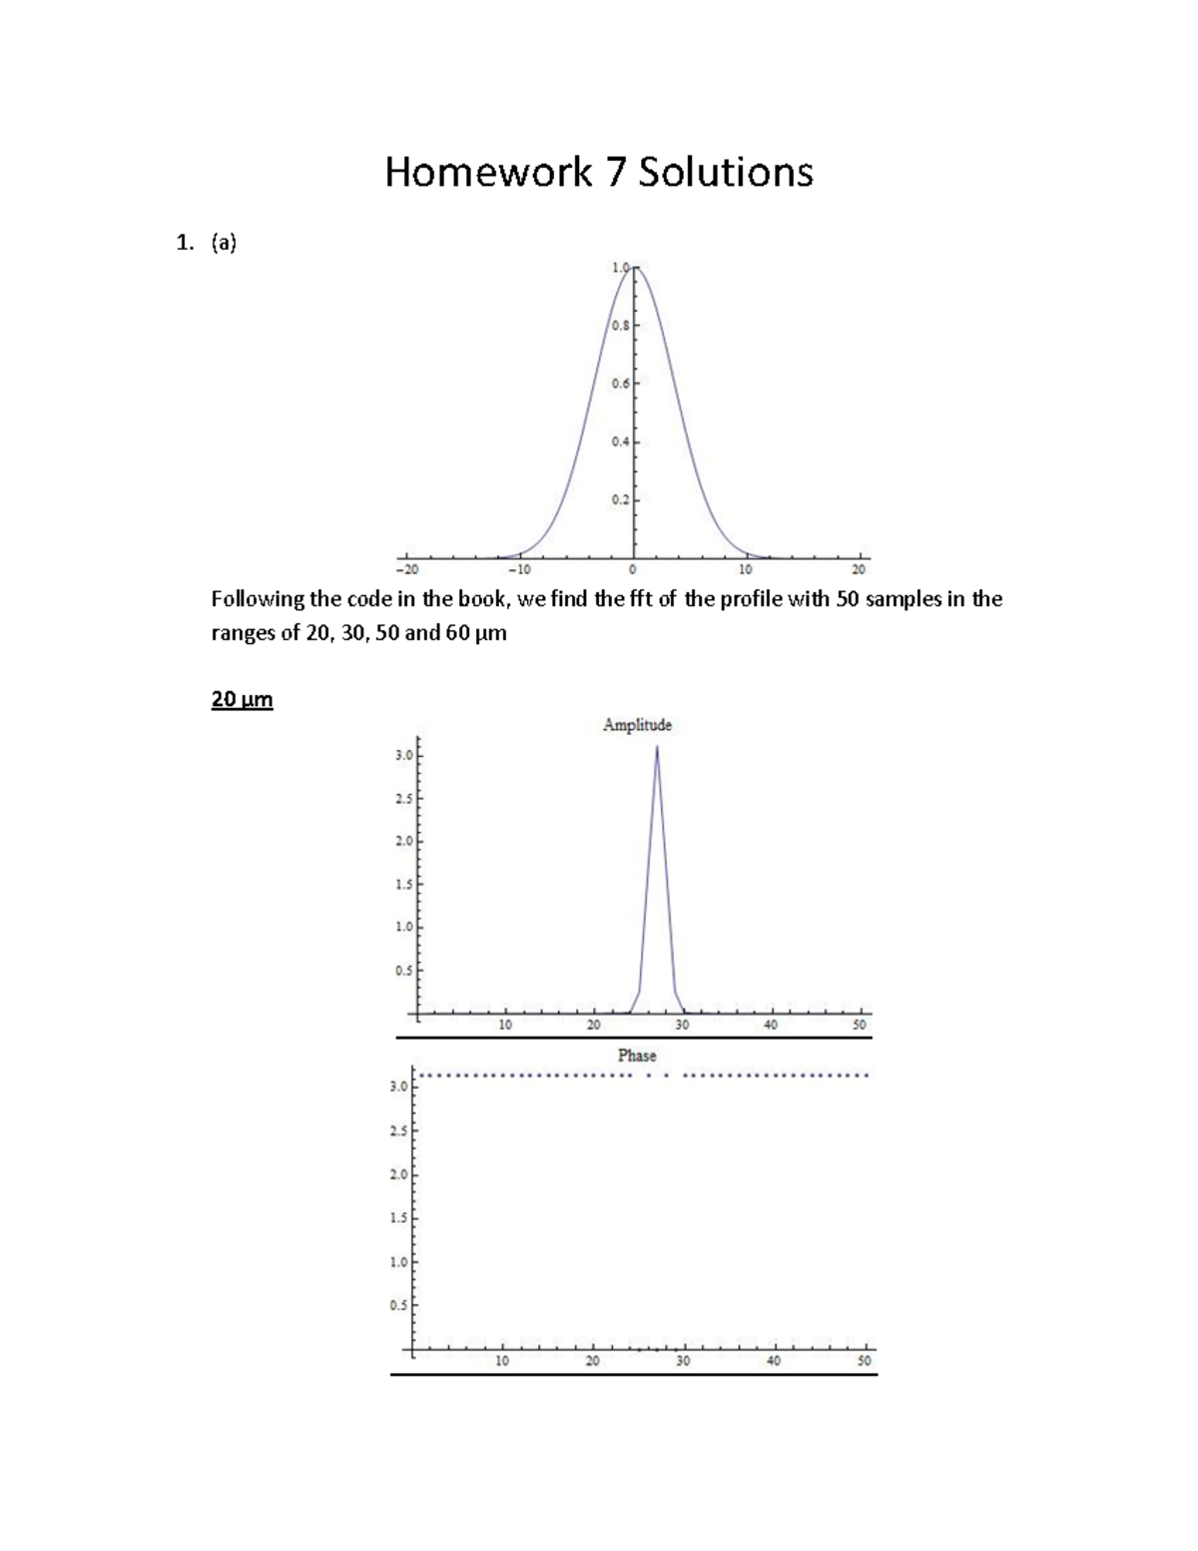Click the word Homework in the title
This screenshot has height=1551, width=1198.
(488, 173)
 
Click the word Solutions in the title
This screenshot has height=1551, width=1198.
(726, 173)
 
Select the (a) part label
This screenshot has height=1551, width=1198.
(224, 243)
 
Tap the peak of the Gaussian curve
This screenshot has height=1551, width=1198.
(634, 268)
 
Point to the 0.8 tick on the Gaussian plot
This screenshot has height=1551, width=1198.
(620, 326)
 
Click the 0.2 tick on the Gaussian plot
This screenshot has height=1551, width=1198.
(620, 499)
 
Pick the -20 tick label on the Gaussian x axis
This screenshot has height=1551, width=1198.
(406, 569)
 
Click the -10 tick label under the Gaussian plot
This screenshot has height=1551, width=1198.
(519, 569)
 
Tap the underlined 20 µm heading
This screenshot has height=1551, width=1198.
(242, 700)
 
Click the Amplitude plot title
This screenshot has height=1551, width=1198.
(637, 725)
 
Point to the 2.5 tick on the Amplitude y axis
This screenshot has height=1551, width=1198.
(402, 799)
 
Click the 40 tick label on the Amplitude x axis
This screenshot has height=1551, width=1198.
(771, 1025)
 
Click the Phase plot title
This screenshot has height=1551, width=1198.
(637, 1056)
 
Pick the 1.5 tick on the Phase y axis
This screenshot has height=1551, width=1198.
(398, 1218)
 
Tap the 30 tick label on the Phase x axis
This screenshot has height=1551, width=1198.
(682, 1361)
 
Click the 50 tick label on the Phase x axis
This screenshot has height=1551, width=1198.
(865, 1361)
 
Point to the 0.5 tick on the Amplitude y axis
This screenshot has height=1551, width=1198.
(402, 971)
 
